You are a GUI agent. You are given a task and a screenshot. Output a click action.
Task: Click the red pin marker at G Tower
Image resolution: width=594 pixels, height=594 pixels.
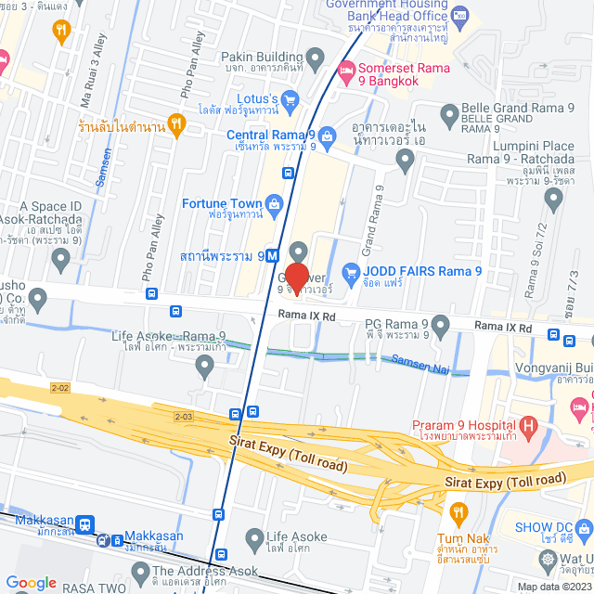(x=297, y=278)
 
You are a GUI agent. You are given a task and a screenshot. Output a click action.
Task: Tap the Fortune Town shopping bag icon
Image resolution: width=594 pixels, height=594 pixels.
(x=274, y=203)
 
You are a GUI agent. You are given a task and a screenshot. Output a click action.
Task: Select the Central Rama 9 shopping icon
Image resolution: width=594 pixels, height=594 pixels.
(x=329, y=136)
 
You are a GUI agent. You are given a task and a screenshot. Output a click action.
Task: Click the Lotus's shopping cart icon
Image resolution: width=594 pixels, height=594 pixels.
(x=289, y=97)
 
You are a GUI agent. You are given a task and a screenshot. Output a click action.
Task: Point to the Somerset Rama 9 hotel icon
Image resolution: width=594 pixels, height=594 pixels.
(x=345, y=69)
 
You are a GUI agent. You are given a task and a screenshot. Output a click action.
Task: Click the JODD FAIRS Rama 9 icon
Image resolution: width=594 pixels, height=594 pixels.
(x=351, y=272)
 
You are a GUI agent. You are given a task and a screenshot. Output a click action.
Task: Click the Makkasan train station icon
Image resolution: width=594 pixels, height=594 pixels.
(x=85, y=524)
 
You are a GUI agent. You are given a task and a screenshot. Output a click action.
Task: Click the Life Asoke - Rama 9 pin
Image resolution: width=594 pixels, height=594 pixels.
(x=206, y=368)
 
